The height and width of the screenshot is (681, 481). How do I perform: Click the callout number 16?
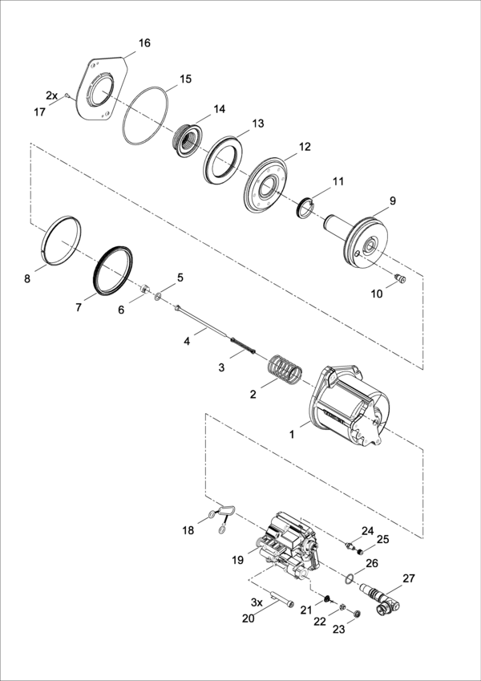144,43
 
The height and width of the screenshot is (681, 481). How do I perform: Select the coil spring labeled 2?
285,371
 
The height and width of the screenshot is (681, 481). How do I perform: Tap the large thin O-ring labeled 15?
145,116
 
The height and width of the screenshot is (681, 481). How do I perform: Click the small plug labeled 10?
399,278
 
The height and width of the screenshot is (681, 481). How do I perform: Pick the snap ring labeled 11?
305,206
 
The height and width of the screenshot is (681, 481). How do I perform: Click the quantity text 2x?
51,95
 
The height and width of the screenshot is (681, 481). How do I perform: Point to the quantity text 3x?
257,603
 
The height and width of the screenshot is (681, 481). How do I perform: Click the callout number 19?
238,560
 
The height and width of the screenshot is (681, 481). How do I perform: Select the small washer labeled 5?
158,297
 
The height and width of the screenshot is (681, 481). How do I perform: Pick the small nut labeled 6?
146,289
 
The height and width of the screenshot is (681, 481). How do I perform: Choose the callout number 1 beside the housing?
292,434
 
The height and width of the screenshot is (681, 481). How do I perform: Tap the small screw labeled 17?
67,95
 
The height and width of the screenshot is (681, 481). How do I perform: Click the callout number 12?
305,147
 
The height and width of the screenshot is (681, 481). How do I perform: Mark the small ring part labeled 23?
358,614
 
